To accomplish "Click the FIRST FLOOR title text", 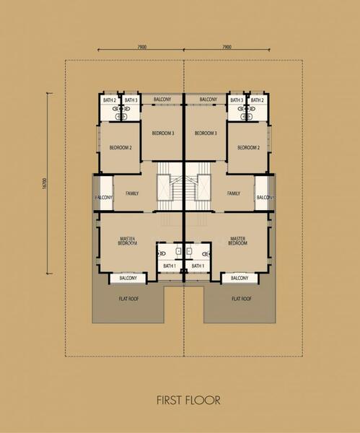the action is (188, 400).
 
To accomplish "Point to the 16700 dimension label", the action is (45, 183).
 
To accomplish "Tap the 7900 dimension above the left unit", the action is (142, 47).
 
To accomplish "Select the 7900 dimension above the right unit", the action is (227, 47).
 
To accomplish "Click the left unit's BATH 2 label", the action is (110, 100).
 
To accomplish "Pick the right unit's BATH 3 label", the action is (237, 100).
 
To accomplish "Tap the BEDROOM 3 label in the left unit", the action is (163, 133).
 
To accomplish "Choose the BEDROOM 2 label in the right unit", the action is (248, 147).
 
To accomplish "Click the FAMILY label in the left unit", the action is (132, 193).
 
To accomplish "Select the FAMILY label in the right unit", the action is (234, 193).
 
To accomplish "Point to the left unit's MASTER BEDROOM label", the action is (128, 241).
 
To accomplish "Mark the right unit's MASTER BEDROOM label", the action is (237, 241).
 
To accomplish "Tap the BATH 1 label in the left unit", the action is (170, 266).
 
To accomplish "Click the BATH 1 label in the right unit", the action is (198, 266).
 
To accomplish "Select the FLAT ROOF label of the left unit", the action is (128, 299).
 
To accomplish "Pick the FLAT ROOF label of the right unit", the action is (242, 299).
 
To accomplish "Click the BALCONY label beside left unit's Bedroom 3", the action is (162, 99).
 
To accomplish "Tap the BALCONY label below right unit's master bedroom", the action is (240, 278).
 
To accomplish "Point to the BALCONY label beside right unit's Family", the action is (265, 198).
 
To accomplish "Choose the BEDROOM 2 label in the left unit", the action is (120, 147).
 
